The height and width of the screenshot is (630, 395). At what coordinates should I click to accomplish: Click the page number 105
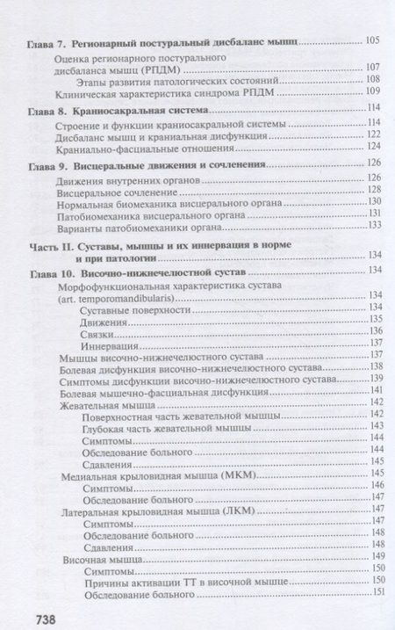click(373, 40)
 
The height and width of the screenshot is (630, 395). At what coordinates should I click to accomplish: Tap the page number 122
click(373, 134)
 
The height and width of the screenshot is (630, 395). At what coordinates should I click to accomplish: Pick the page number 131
click(373, 213)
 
